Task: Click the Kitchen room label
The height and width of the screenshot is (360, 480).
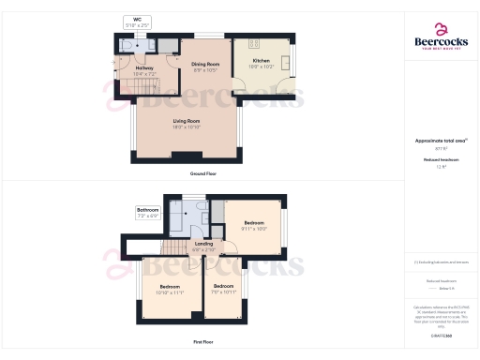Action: [x=262, y=64]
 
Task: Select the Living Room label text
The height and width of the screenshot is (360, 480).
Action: [x=187, y=123]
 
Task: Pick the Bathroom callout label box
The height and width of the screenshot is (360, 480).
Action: [x=148, y=213]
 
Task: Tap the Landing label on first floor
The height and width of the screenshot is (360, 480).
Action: [x=203, y=247]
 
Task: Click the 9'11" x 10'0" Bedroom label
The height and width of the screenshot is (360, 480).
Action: [x=255, y=225]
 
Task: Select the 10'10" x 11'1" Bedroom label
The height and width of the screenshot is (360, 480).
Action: [x=170, y=289]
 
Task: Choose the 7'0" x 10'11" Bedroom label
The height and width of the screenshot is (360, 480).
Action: [x=223, y=289]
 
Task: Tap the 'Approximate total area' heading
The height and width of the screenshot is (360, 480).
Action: [x=441, y=141]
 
